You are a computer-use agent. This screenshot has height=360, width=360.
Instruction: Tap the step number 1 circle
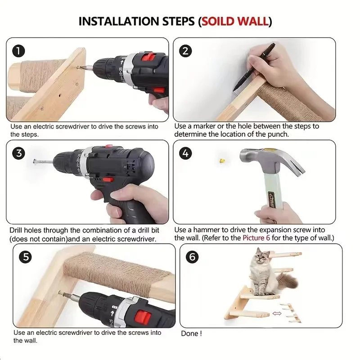tap(18, 51)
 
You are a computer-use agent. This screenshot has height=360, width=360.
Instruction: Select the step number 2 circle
tap(185, 51)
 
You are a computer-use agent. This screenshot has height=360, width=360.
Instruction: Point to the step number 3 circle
tap(18, 153)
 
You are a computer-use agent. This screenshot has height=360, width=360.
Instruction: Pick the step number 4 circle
tap(185, 153)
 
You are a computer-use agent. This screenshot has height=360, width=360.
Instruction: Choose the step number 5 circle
tap(26, 256)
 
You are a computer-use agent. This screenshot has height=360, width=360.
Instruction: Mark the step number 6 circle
tap(192, 256)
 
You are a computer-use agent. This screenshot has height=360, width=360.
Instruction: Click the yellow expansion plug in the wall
tap(222, 161)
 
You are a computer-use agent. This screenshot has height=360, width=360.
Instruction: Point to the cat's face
tap(261, 256)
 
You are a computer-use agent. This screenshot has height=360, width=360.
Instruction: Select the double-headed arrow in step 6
tap(277, 313)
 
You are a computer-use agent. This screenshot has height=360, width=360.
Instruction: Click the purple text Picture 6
tap(256, 238)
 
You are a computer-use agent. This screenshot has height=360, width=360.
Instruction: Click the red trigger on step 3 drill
tap(108, 179)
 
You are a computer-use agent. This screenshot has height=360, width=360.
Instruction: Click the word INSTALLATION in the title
tap(119, 21)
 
